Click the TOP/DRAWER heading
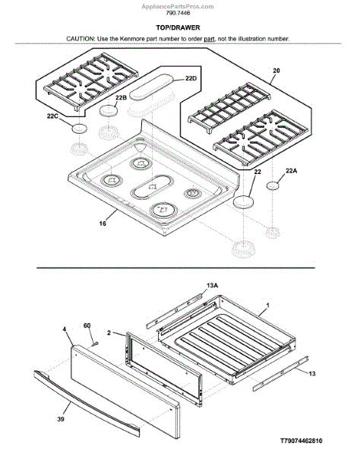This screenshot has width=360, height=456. (178, 27)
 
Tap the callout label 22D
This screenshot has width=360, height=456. (191, 78)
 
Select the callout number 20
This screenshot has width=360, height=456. (276, 71)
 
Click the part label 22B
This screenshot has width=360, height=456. (121, 98)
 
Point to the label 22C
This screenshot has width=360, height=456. (52, 116)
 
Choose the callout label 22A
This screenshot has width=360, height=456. (292, 171)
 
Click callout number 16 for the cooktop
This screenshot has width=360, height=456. (103, 223)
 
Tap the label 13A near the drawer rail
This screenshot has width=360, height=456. (212, 286)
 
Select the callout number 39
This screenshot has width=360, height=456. (61, 419)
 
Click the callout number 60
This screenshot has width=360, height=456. (87, 325)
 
